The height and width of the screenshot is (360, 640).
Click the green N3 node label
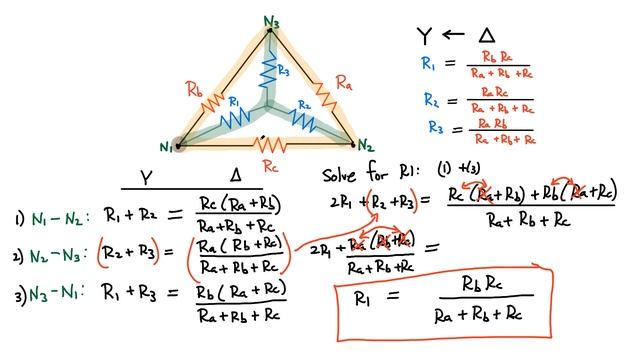click(x=271, y=21)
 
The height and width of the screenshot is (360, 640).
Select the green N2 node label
click(x=367, y=145)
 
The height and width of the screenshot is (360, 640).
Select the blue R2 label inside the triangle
click(x=303, y=106)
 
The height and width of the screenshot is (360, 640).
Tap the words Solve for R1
click(x=359, y=173)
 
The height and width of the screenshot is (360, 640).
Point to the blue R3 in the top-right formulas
click(x=436, y=127)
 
